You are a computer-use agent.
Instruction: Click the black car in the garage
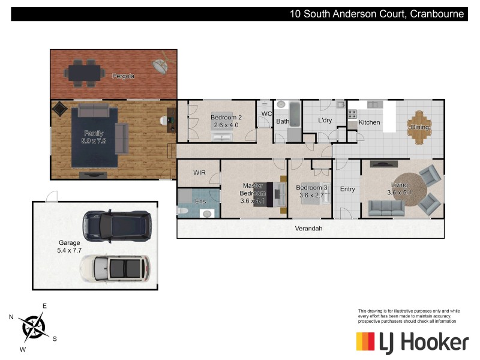[x=116, y=224]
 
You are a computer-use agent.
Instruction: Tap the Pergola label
[x=123, y=76]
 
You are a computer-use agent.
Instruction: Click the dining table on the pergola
[x=85, y=71]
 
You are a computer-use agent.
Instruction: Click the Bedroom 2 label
[x=226, y=118]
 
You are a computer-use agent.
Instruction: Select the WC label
[x=266, y=113]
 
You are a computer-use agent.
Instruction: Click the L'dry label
[x=325, y=121]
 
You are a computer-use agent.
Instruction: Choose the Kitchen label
[x=369, y=122]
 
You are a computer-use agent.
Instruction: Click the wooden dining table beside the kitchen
[x=420, y=127]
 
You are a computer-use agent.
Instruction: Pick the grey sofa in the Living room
[x=386, y=208]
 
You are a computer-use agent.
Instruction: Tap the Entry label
[x=347, y=189]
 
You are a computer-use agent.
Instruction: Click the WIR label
[x=200, y=172]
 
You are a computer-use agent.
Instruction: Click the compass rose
[x=34, y=326]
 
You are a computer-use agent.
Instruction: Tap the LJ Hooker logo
[x=412, y=343]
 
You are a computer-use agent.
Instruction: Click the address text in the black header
[x=377, y=14]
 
